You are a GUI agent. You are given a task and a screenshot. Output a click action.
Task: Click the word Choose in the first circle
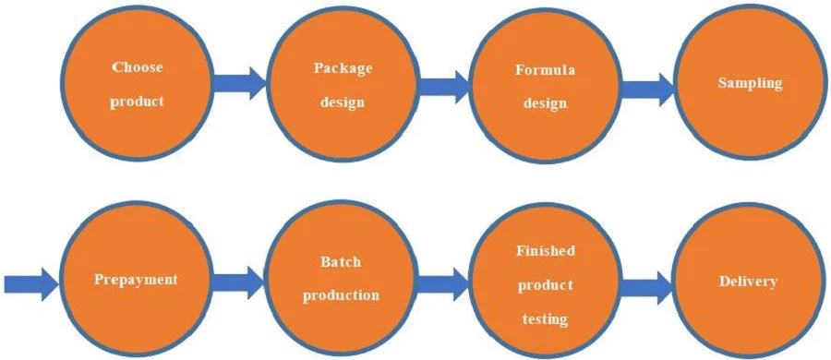click(137, 67)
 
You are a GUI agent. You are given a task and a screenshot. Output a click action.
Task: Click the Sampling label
click(750, 83)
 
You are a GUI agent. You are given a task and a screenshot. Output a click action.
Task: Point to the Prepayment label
click(136, 279)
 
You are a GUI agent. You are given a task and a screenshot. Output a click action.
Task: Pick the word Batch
click(342, 261)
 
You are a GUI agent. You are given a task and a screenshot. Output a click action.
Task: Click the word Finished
click(545, 250)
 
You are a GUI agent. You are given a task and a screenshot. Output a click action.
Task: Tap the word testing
click(545, 319)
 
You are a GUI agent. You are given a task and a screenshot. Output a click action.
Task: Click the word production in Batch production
click(342, 295)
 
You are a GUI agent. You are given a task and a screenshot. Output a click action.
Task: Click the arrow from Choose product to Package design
click(238, 84)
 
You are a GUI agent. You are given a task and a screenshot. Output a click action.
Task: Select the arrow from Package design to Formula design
click(443, 88)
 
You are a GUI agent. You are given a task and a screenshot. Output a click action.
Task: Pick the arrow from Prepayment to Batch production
click(238, 280)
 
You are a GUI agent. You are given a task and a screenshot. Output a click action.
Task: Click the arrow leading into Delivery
click(646, 285)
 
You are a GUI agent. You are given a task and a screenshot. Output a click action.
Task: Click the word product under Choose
click(137, 102)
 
